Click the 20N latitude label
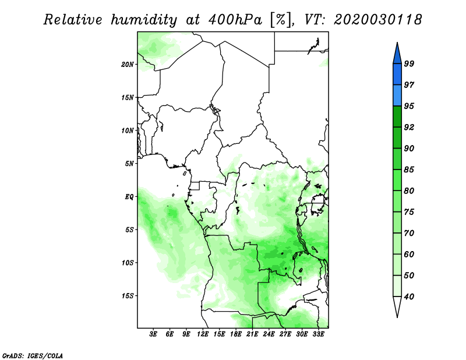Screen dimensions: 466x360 click(127, 64)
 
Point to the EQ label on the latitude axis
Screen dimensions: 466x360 click(129, 196)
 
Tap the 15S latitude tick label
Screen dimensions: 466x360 click(127, 296)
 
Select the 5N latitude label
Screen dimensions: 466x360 click(129, 164)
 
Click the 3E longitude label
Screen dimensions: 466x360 click(153, 334)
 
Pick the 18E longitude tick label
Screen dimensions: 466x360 click(236, 334)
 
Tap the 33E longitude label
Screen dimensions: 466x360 click(318, 334)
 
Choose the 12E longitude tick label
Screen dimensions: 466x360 click(203, 334)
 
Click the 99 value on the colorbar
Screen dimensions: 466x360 click(409, 63)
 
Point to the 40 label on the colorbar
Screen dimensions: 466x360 click(409, 297)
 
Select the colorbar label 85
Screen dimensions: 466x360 click(409, 170)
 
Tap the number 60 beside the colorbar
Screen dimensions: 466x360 click(409, 254)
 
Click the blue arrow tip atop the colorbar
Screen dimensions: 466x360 click(397, 43)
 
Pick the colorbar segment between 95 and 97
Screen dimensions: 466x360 click(397, 96)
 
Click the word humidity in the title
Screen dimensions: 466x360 click(144, 20)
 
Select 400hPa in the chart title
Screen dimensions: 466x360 click(235, 20)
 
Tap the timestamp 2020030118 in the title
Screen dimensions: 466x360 click(377, 20)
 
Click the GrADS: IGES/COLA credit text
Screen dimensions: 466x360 click(33, 355)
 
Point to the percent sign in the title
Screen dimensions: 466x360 click(280, 20)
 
